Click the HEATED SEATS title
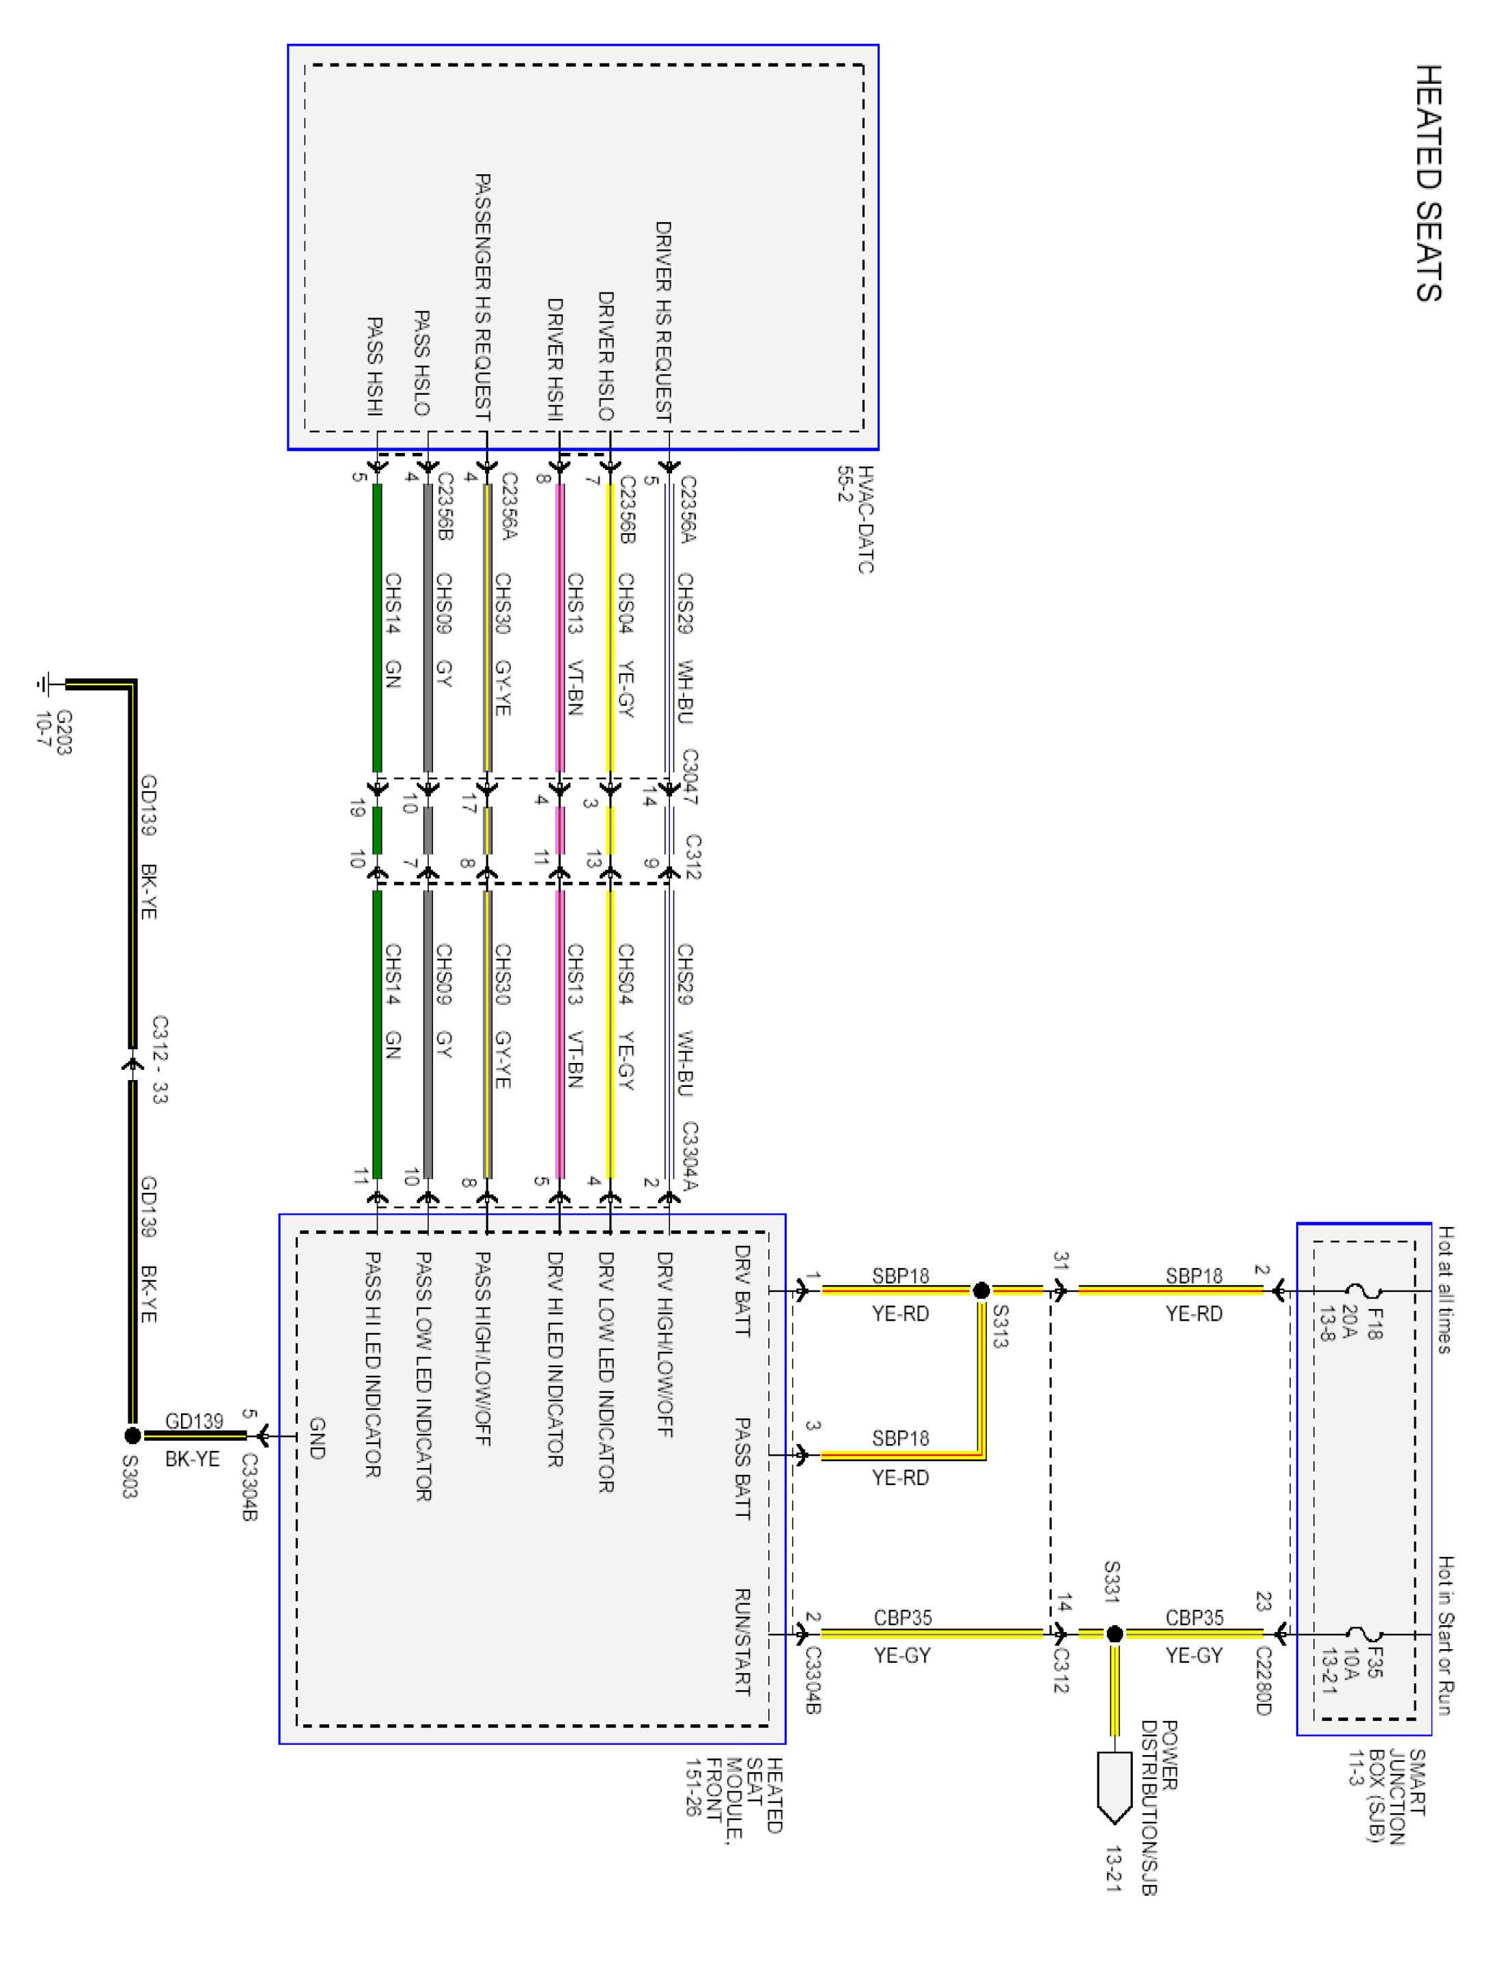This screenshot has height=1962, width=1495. (x=1427, y=183)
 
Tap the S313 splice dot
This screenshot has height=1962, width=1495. (x=981, y=1290)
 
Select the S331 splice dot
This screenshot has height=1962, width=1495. (x=1114, y=1633)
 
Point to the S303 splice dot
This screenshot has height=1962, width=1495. (x=132, y=1435)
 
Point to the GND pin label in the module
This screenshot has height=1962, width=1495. (x=317, y=1437)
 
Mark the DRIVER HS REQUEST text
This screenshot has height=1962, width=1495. (x=663, y=320)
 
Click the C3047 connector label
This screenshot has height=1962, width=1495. (x=690, y=776)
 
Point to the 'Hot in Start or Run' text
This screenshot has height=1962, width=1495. (x=1445, y=1634)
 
